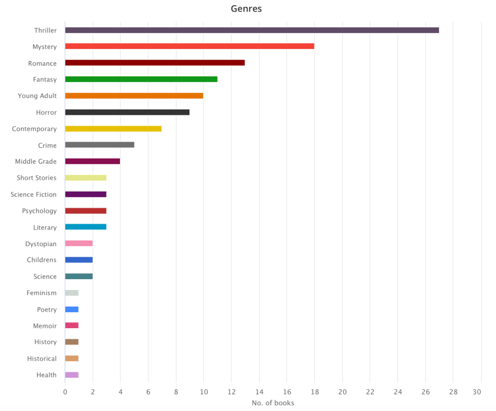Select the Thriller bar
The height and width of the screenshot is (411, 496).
(252, 30)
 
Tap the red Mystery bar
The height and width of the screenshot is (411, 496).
(189, 47)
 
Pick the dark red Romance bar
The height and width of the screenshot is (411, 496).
(155, 63)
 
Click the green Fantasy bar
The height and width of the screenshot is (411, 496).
(141, 79)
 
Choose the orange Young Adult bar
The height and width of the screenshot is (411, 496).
(134, 96)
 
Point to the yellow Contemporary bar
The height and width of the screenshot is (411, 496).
(113, 129)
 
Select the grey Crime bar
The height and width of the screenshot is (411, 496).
(99, 145)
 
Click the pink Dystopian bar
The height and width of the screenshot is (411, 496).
(78, 243)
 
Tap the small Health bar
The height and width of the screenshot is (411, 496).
(72, 375)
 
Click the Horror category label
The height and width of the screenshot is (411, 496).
(46, 112)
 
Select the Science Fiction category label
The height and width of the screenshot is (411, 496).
(33, 194)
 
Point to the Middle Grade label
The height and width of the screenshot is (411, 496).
(35, 161)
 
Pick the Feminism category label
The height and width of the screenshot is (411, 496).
(41, 293)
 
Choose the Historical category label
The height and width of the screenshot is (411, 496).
(42, 359)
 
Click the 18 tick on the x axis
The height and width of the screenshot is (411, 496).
(314, 392)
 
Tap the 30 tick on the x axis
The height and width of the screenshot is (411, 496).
(480, 392)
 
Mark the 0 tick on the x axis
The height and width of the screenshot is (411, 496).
(65, 392)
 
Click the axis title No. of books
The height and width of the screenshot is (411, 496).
(273, 403)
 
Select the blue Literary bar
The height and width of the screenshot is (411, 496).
(85, 227)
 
